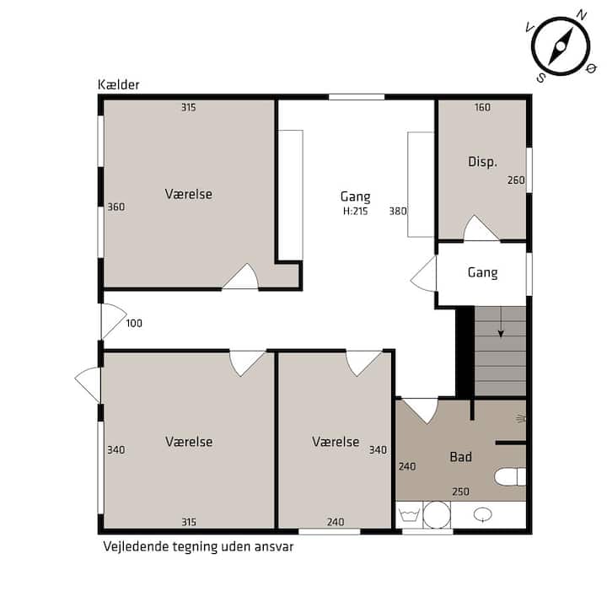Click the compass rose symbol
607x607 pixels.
[561, 47]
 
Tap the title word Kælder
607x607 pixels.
[119, 85]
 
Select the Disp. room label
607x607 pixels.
[482, 161]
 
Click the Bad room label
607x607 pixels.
[460, 457]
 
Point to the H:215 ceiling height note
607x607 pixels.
[356, 211]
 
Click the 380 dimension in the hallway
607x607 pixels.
[398, 211]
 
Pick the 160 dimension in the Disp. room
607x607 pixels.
[482, 107]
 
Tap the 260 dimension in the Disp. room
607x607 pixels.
[516, 180]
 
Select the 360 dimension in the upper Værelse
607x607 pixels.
[115, 207]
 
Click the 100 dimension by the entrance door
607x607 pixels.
[134, 323]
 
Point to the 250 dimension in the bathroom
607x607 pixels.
[460, 492]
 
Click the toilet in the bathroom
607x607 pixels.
[510, 476]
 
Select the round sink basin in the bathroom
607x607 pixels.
[483, 514]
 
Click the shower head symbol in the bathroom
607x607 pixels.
[521, 418]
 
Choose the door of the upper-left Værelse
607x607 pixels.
[240, 277]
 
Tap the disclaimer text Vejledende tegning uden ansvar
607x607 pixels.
[198, 546]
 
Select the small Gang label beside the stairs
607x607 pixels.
[482, 272]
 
